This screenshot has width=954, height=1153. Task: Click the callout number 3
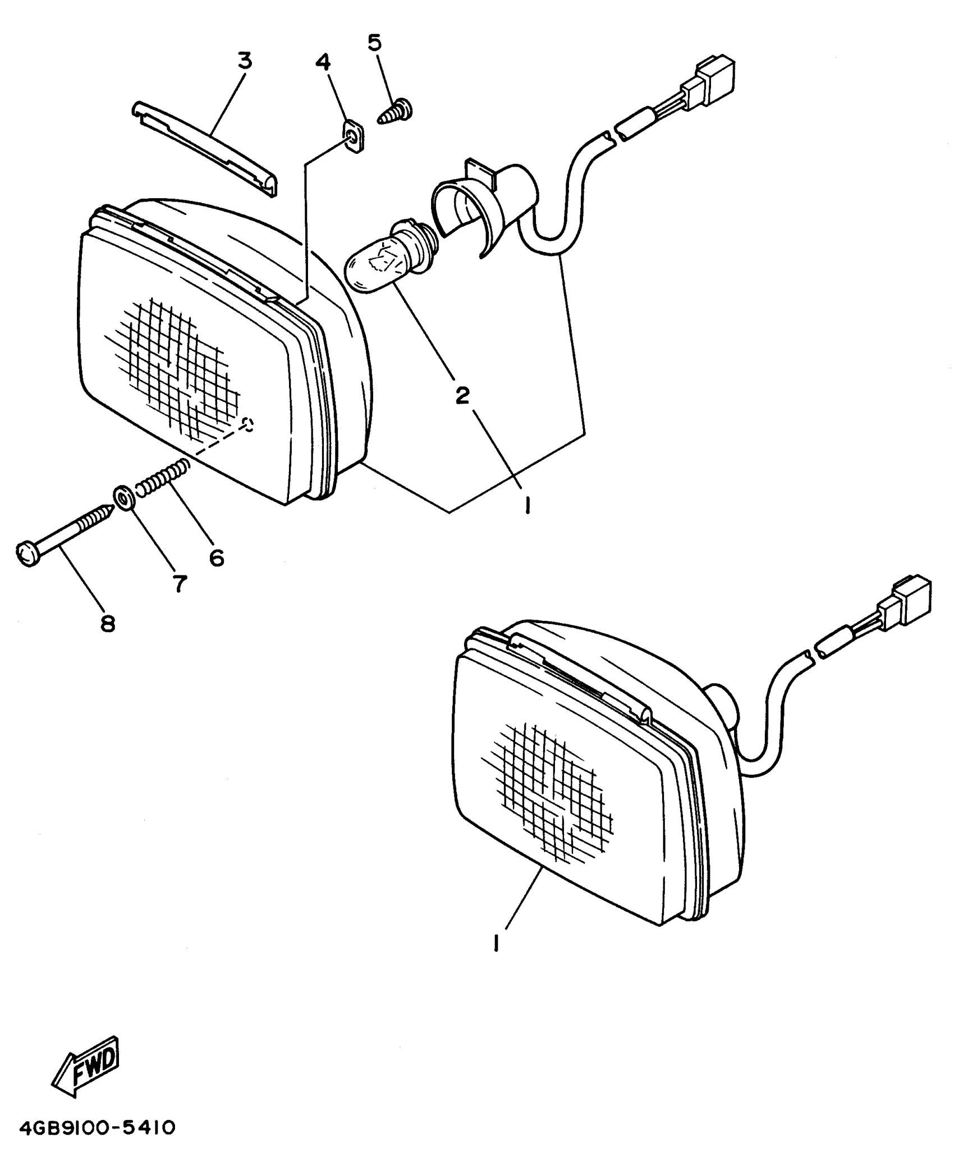pyautogui.click(x=245, y=61)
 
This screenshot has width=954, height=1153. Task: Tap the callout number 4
pyautogui.click(x=323, y=62)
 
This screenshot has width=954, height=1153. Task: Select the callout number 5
pyautogui.click(x=374, y=42)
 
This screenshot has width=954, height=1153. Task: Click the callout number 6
pyautogui.click(x=217, y=557)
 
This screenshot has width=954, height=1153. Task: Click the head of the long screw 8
pyautogui.click(x=26, y=554)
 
